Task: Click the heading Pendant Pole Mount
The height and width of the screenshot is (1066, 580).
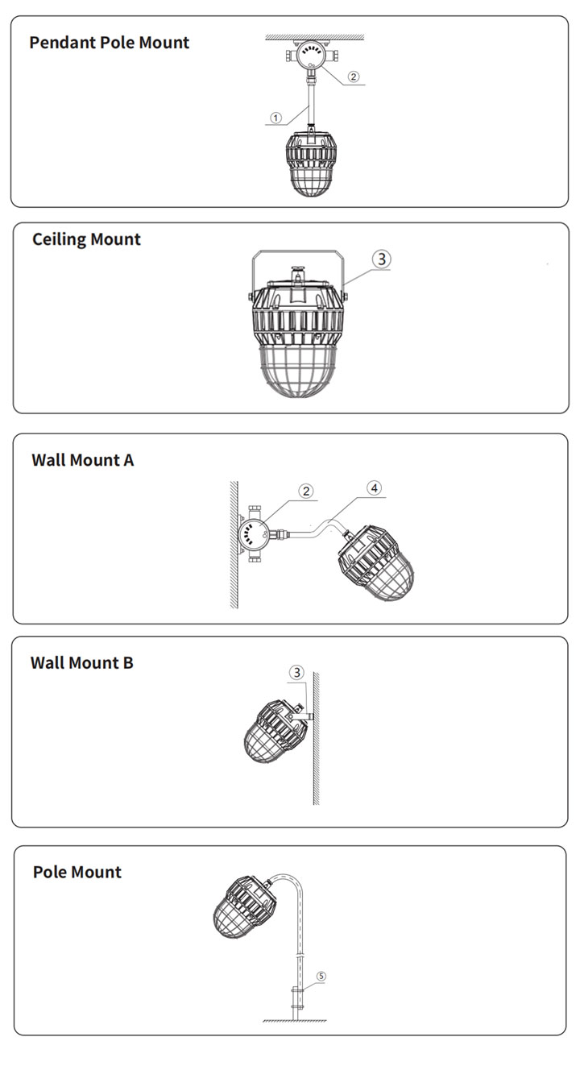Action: pyautogui.click(x=109, y=43)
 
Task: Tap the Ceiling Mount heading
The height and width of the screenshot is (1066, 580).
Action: pyautogui.click(x=86, y=239)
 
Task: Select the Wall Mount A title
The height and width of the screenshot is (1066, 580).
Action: pyautogui.click(x=83, y=460)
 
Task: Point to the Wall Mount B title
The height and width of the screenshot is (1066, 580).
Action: pyautogui.click(x=82, y=662)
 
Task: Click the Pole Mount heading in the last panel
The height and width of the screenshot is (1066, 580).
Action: pyautogui.click(x=77, y=872)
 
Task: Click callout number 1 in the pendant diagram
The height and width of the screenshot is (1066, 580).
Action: pyautogui.click(x=276, y=118)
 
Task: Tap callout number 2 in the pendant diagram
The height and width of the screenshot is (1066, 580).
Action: pyautogui.click(x=353, y=77)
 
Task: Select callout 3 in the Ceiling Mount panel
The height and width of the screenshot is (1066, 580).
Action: pyautogui.click(x=382, y=259)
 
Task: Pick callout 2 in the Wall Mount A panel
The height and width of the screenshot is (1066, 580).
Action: pyautogui.click(x=306, y=492)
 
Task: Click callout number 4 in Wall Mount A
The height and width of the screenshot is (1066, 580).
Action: pyautogui.click(x=375, y=487)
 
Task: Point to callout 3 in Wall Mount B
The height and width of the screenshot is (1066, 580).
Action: pyautogui.click(x=297, y=673)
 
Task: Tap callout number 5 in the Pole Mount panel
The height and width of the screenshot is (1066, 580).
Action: pyautogui.click(x=321, y=977)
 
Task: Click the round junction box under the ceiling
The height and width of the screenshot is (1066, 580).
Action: pyautogui.click(x=312, y=56)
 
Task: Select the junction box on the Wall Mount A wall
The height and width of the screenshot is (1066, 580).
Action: pyautogui.click(x=254, y=534)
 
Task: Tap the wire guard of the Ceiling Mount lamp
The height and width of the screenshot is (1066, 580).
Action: pyautogui.click(x=298, y=372)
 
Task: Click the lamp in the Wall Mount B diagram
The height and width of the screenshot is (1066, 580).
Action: pyautogui.click(x=275, y=732)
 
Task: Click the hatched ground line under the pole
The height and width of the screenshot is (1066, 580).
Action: pyautogui.click(x=295, y=1021)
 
